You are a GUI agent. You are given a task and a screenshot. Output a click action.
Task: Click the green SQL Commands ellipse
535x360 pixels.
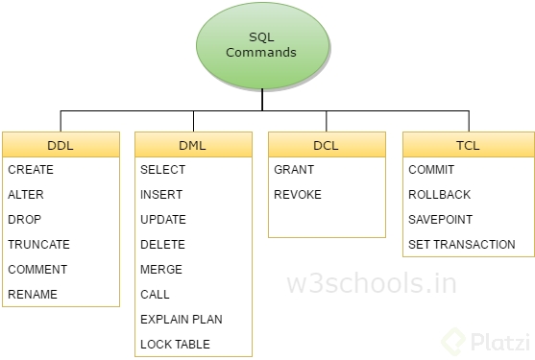[x=260, y=45]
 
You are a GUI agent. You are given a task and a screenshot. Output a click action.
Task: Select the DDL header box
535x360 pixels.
[x=61, y=145]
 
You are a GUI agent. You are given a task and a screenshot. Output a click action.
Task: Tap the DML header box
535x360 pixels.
[x=194, y=145]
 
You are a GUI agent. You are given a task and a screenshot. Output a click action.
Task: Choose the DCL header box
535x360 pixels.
[x=327, y=145]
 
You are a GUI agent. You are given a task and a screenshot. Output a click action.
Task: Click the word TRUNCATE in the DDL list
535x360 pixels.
[x=38, y=245]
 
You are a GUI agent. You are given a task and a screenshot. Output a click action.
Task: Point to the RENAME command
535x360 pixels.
[x=33, y=295]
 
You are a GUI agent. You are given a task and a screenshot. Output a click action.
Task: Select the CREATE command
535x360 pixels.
[x=31, y=170]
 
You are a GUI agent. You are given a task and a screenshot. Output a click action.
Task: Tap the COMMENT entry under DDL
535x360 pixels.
[x=37, y=270]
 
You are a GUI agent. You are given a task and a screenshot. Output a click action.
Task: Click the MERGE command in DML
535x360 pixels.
[x=161, y=270]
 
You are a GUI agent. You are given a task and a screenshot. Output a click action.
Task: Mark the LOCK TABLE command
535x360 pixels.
[x=175, y=345]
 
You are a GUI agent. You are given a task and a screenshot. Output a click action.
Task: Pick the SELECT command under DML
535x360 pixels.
[x=163, y=170]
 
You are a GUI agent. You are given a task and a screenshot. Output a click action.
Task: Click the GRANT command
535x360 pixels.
[x=294, y=170]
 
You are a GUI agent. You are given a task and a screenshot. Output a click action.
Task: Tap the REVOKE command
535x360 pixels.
[x=298, y=195]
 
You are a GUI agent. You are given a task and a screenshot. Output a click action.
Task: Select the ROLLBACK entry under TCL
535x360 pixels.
[x=439, y=195]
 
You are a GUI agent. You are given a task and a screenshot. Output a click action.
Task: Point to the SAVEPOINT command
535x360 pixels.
[x=441, y=220]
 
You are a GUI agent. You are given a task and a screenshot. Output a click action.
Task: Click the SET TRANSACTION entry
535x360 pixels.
[x=462, y=245]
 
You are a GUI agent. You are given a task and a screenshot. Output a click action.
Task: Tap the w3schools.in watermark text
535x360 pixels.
[x=372, y=284]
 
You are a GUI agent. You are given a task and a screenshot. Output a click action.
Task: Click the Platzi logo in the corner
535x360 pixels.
[x=479, y=338]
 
